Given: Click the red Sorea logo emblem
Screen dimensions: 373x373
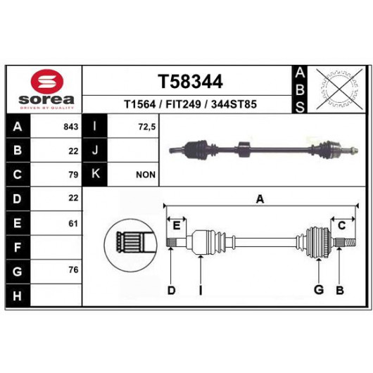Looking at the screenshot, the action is pos(48,82).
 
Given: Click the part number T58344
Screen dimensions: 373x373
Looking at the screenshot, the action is pos(190,82).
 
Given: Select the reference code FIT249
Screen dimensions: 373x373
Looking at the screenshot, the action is pos(183,104).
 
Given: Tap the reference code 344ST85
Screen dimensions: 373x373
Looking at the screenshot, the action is pos(234,104).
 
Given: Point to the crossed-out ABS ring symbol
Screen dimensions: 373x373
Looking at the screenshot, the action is pos(339,89).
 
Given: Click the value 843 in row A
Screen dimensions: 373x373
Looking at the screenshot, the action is pos(71,127).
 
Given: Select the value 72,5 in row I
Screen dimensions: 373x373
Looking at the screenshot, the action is pos(147,127).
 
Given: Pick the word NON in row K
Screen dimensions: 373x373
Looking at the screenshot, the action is pos(146,175).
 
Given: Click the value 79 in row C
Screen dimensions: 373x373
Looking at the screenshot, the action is pos(73,175).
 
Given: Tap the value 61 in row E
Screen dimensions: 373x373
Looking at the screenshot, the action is pos(73,224).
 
